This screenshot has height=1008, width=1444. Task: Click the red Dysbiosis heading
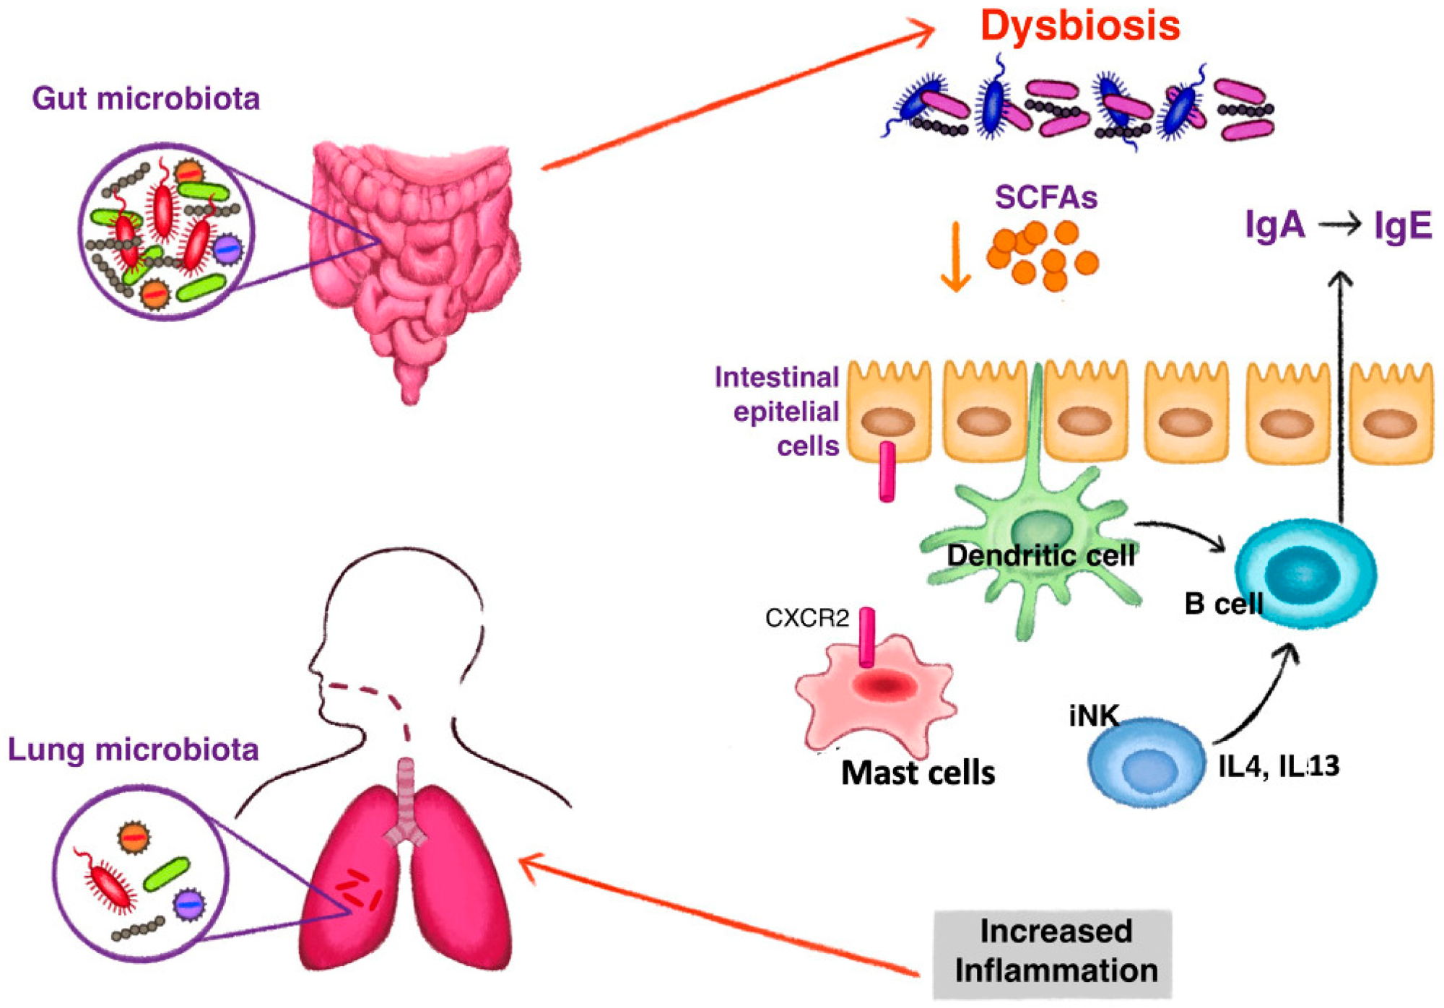[1079, 26]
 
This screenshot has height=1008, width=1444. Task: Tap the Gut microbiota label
[145, 99]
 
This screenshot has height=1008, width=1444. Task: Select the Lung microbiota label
[133, 750]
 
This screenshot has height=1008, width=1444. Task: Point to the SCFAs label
[1045, 197]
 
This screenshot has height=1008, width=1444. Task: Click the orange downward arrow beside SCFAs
[955, 258]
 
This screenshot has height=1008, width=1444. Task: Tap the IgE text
[1401, 226]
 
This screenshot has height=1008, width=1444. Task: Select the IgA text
[1275, 225]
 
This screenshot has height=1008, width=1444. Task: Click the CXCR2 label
[806, 619]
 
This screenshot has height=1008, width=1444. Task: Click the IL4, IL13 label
[1278, 766]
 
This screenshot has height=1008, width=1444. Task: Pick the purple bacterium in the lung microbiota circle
[189, 903]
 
